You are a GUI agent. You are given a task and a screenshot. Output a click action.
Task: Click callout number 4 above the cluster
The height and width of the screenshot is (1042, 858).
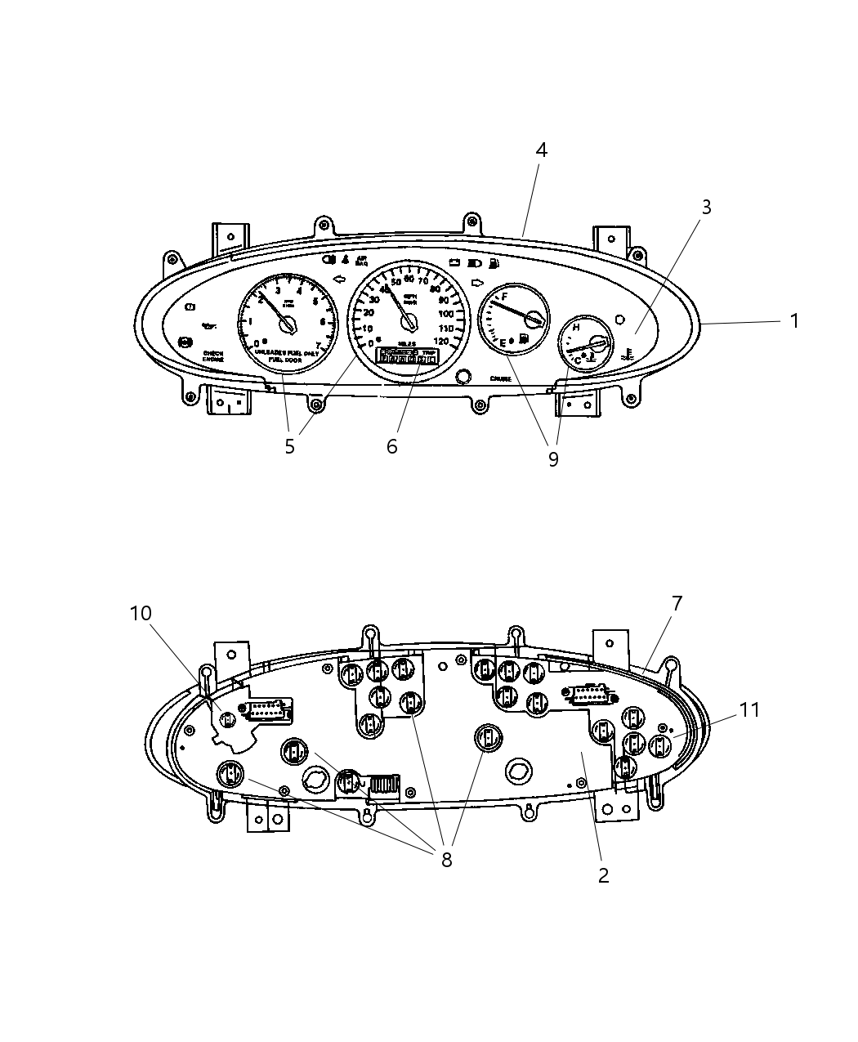click(x=541, y=150)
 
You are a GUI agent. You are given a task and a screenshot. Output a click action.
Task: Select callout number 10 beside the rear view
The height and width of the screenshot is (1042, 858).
click(x=141, y=613)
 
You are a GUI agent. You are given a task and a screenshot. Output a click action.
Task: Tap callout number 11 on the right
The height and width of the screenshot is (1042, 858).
click(x=749, y=710)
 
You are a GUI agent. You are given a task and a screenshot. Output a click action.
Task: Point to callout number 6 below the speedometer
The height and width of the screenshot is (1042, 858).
click(x=392, y=446)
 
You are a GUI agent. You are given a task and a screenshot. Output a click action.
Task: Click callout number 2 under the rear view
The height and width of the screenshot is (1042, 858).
click(x=603, y=875)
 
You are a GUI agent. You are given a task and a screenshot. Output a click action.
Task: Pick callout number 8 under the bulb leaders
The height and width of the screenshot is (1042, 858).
click(x=446, y=860)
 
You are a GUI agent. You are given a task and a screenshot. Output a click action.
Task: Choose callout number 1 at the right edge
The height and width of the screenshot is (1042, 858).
click(x=793, y=321)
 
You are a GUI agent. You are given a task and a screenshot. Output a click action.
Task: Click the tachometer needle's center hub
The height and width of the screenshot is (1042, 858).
click(x=287, y=325)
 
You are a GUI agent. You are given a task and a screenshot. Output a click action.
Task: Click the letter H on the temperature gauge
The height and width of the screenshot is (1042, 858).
click(x=576, y=328)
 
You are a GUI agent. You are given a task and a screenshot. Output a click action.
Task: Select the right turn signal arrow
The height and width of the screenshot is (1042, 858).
click(x=478, y=281)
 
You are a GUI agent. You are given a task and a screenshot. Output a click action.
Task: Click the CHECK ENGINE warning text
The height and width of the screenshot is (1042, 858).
click(x=213, y=356)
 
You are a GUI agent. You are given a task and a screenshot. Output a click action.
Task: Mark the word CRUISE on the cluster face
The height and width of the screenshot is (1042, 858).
click(x=500, y=378)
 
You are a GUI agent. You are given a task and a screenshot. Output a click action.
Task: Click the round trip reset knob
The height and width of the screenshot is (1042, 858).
click(x=463, y=376)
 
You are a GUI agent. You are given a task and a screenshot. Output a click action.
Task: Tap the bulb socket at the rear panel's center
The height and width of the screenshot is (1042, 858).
click(x=488, y=737)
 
